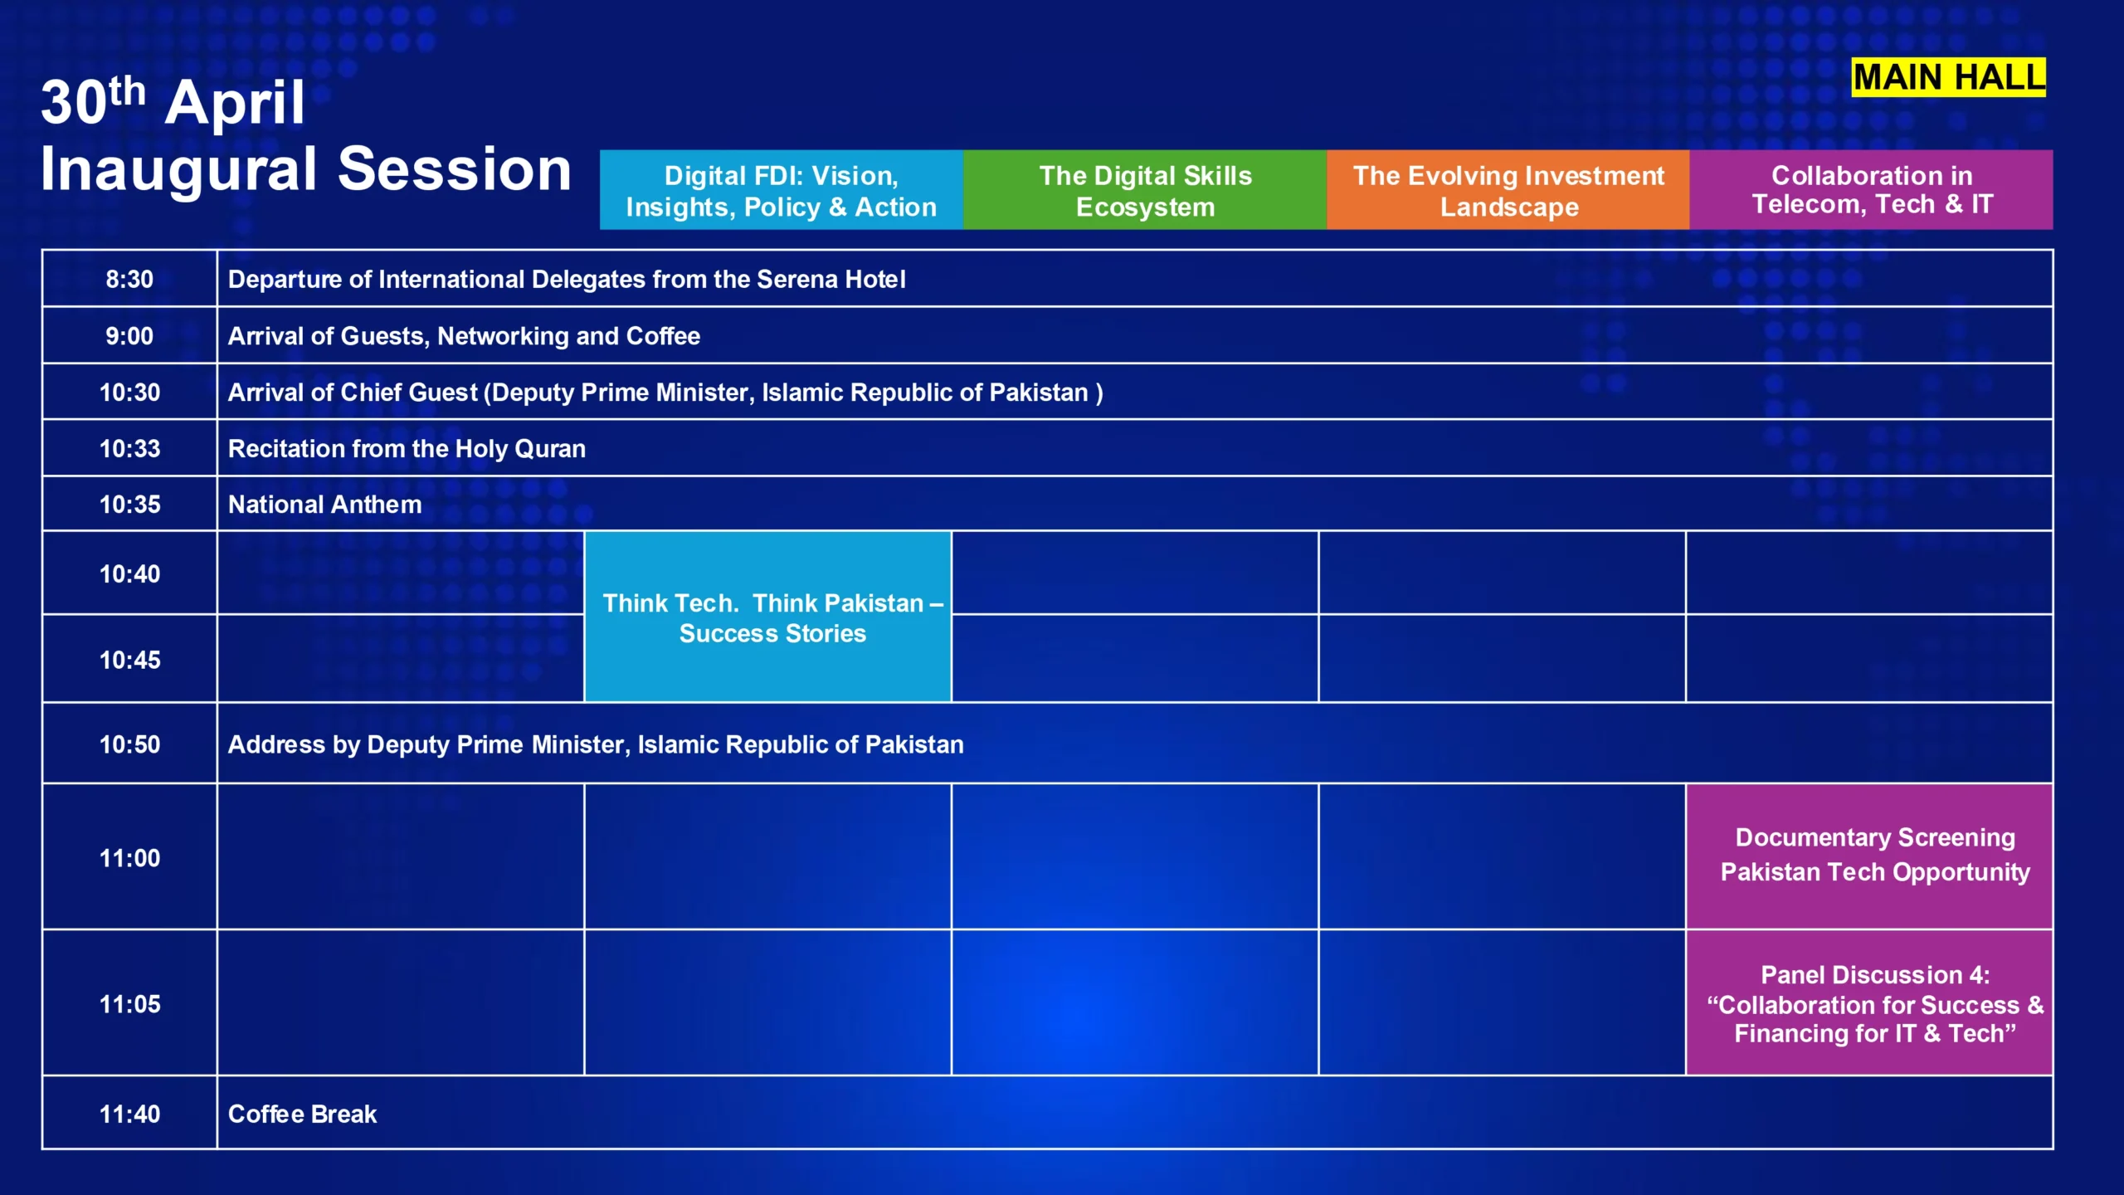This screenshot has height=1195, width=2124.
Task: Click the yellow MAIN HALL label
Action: (1948, 77)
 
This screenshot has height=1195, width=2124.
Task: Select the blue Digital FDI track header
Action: (781, 190)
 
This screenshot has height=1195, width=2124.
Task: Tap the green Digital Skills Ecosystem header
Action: (1145, 190)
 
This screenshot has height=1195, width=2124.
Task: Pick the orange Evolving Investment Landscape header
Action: (1508, 190)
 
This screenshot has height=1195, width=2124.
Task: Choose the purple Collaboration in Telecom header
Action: (1872, 190)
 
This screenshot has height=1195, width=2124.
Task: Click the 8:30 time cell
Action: (129, 279)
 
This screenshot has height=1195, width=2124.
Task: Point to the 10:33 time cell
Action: (129, 448)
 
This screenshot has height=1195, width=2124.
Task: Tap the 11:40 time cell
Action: (129, 1113)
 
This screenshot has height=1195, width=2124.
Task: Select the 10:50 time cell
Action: (129, 744)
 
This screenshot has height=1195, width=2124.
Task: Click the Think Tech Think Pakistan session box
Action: (768, 617)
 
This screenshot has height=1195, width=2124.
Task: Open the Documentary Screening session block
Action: (1869, 856)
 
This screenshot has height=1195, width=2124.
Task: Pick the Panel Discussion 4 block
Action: (1869, 1002)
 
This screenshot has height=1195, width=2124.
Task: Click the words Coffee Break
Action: (302, 1114)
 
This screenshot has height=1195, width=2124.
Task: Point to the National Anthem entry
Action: (324, 505)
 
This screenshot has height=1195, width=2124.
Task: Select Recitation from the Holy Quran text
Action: (407, 449)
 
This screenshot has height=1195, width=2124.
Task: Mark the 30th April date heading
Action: (173, 102)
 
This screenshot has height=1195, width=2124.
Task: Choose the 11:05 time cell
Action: (129, 1002)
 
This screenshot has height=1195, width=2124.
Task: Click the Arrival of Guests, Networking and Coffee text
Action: (464, 336)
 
